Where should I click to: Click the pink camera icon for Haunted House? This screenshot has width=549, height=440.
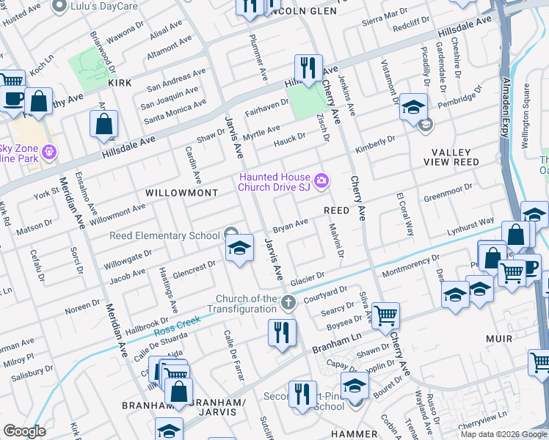[x=321, y=181]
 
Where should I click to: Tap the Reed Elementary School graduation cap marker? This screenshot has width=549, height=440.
[x=239, y=249]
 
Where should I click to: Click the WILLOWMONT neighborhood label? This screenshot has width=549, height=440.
[x=181, y=193]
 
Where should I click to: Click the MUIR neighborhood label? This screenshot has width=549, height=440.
[x=498, y=340]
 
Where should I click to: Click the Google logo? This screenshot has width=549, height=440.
[x=24, y=431]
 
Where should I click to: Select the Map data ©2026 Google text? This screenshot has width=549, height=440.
[x=503, y=434]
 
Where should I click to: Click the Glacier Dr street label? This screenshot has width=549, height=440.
[x=307, y=279]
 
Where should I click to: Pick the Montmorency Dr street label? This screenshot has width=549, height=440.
[x=409, y=264]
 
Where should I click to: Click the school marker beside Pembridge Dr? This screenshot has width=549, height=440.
[x=413, y=107]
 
